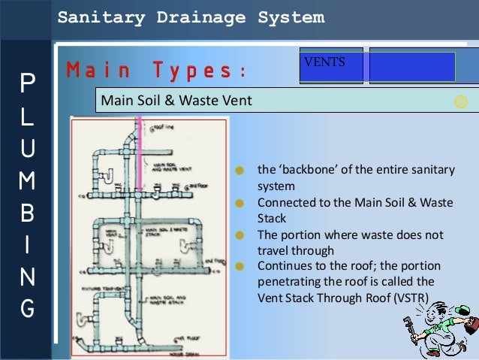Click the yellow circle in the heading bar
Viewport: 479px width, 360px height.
[x=461, y=101]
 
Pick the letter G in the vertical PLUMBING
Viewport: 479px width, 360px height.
[x=26, y=309]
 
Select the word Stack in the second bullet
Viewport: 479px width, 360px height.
[x=272, y=219]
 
